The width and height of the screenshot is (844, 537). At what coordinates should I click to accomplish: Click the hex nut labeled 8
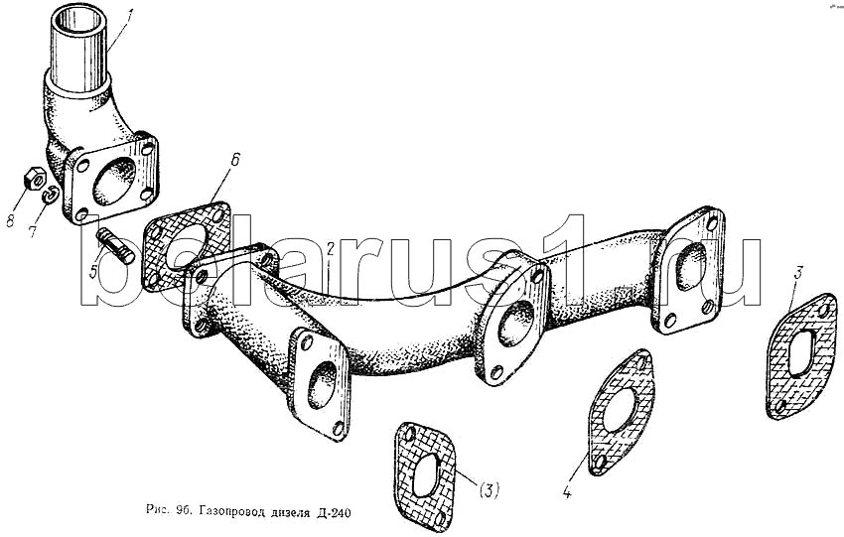pyautogui.click(x=34, y=179)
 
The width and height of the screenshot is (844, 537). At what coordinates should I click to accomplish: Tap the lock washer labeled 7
pyautogui.click(x=50, y=195)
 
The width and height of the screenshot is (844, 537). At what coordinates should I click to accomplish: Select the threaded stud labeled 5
pyautogui.click(x=114, y=246)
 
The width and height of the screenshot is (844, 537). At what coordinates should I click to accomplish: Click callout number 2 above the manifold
pyautogui.click(x=331, y=248)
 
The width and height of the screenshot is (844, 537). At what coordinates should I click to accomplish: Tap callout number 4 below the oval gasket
pyautogui.click(x=567, y=490)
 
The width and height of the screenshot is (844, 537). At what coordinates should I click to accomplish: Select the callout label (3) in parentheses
pyautogui.click(x=489, y=490)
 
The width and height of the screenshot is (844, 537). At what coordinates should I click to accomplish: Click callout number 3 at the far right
pyautogui.click(x=797, y=272)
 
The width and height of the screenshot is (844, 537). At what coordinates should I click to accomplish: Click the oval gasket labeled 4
pyautogui.click(x=621, y=412)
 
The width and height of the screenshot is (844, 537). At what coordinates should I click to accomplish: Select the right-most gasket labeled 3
pyautogui.click(x=802, y=355)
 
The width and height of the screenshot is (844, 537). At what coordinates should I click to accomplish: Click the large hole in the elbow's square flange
pyautogui.click(x=113, y=181)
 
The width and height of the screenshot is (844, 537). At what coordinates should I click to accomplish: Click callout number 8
pyautogui.click(x=10, y=219)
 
